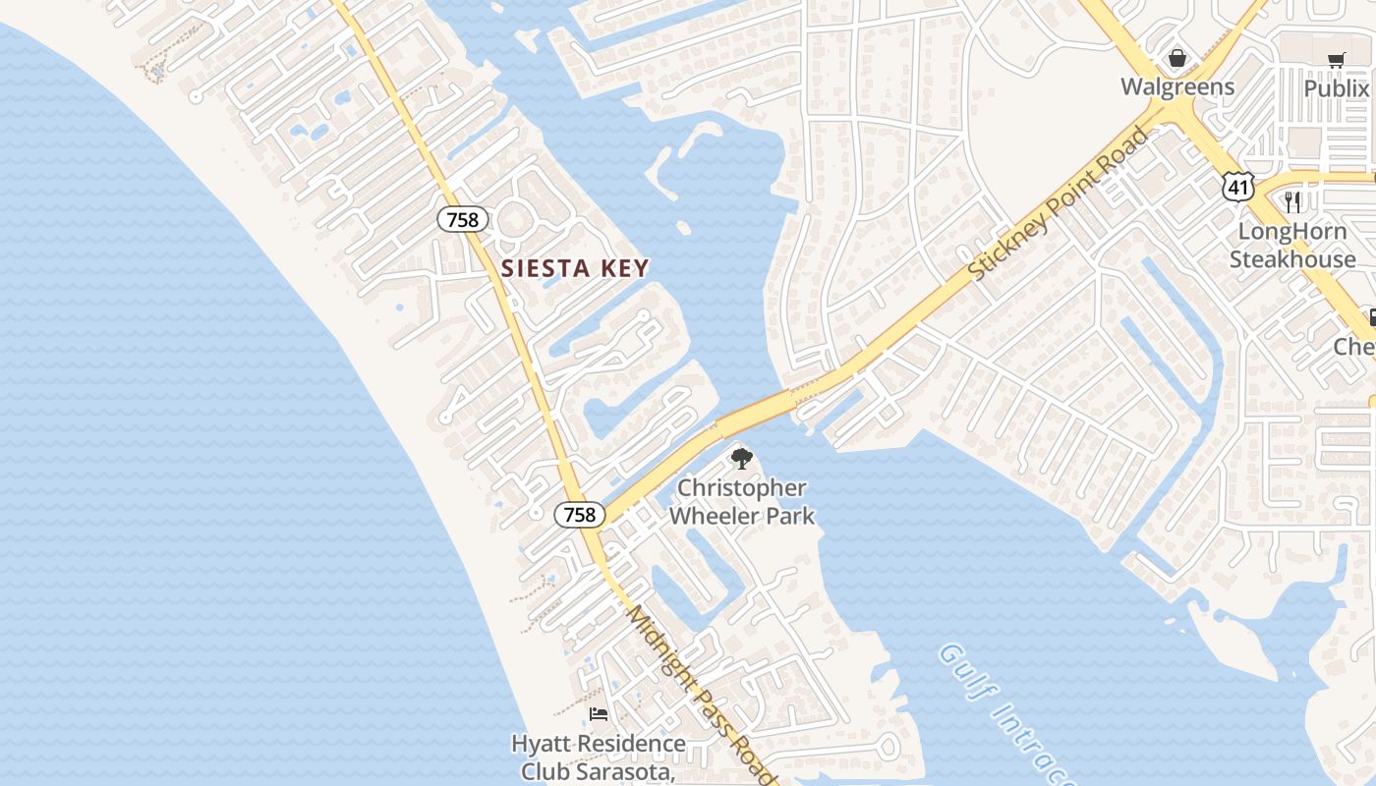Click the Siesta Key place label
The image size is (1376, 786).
pyautogui.click(x=575, y=268)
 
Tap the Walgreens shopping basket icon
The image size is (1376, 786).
pyautogui.click(x=1177, y=59)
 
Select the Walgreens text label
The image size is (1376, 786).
pyautogui.click(x=1177, y=86)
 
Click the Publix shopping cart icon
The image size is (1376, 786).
pyautogui.click(x=1336, y=61)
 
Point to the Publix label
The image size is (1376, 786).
pyautogui.click(x=1337, y=88)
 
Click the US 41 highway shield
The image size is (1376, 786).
pyautogui.click(x=1238, y=185)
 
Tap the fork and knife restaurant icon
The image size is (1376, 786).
pyautogui.click(x=1292, y=202)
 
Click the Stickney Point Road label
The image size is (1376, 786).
pyautogui.click(x=1059, y=203)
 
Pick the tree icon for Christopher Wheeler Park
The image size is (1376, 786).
pyautogui.click(x=742, y=458)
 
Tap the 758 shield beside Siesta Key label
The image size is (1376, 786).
pyautogui.click(x=462, y=219)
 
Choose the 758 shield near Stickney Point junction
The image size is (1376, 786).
pyautogui.click(x=578, y=514)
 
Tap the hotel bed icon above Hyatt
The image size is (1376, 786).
pyautogui.click(x=598, y=714)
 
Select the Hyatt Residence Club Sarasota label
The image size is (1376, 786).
pyautogui.click(x=599, y=757)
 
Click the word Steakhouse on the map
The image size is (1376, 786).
pyautogui.click(x=1292, y=259)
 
